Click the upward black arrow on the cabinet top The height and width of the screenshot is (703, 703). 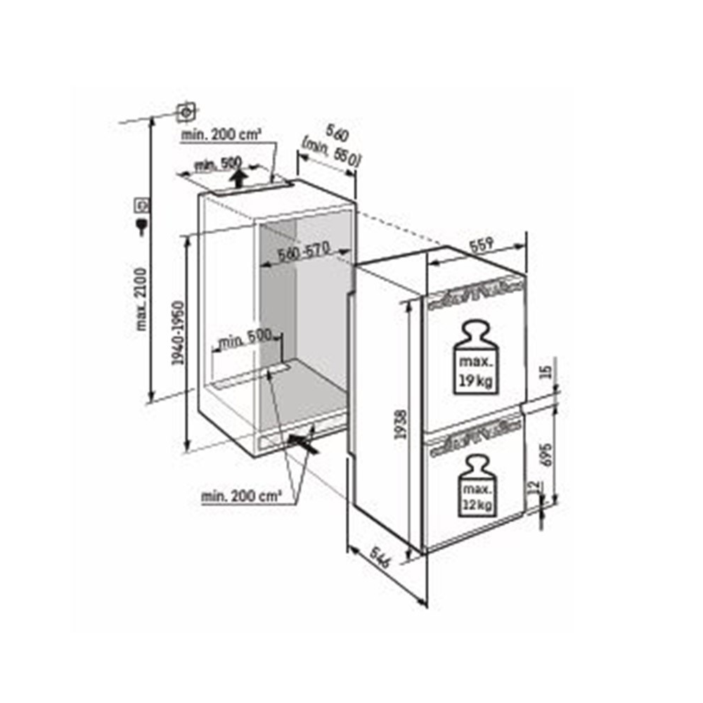240,177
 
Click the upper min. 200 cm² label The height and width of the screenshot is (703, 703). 221,133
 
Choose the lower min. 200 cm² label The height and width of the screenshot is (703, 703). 242,496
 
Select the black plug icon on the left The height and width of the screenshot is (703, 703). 141,224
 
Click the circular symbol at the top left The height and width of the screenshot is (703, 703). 186,111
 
